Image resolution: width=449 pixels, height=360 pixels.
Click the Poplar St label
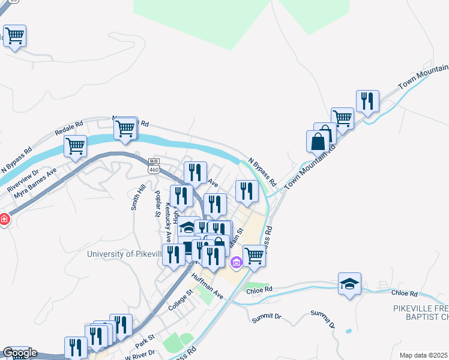coord(160,205)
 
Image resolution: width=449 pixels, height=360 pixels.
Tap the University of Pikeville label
coord(124,254)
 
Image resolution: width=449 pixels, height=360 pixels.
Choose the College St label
coord(179,298)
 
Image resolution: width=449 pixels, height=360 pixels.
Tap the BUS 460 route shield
coord(154,166)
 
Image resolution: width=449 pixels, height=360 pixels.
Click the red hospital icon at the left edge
coord(4,220)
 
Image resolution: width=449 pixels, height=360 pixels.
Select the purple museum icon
coord(236,262)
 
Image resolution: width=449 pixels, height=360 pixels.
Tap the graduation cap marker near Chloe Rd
coord(350,283)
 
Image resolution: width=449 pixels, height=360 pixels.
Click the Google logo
coord(20,353)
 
